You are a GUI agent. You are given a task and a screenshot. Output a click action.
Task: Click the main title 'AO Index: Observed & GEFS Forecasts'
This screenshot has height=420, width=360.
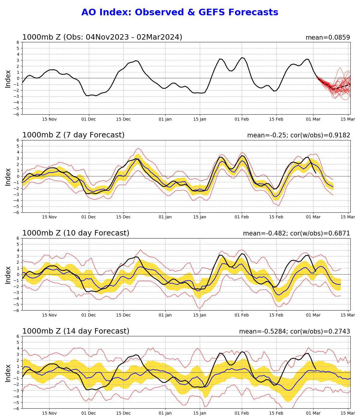click(180, 13)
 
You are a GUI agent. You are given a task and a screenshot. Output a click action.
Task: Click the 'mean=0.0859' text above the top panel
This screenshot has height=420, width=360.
click(328, 37)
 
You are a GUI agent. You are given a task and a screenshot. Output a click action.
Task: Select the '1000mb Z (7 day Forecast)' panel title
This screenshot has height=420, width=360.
click(73, 135)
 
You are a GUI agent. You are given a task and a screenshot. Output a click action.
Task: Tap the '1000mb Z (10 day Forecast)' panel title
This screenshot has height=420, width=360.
click(76, 233)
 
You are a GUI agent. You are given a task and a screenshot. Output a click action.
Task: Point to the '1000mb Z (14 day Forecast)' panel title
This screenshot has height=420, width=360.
click(76, 331)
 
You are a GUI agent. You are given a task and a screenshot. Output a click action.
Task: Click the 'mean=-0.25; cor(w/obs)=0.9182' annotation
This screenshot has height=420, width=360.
click(298, 135)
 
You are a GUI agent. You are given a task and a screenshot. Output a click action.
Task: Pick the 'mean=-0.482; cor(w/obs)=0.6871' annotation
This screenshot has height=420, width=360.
click(296, 233)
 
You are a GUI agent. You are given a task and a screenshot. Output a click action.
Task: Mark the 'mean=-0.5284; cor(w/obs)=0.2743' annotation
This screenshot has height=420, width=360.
click(294, 331)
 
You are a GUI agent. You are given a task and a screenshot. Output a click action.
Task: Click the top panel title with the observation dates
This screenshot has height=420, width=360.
click(102, 37)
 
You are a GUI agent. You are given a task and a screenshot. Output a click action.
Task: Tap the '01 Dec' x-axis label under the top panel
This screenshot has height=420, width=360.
click(89, 119)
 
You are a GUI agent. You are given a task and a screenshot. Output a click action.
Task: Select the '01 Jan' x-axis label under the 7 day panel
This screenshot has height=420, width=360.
click(165, 217)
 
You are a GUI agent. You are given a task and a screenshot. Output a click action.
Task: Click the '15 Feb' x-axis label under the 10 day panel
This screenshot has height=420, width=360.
click(276, 315)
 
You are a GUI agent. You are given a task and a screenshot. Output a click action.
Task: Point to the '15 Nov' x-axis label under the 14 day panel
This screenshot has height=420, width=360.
click(49, 413)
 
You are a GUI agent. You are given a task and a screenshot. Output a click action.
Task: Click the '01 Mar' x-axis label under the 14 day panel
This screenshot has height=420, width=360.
click(313, 413)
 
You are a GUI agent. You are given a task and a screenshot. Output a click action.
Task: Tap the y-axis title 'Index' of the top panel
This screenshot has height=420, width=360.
click(8, 78)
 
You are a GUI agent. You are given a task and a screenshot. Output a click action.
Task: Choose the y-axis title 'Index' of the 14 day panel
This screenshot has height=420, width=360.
click(8, 372)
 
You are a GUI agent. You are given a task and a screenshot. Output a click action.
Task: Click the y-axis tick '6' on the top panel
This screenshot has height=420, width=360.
click(18, 42)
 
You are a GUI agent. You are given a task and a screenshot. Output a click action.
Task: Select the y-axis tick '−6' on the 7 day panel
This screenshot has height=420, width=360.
click(17, 212)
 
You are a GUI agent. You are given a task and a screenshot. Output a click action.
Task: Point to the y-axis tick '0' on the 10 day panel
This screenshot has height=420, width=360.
click(18, 274)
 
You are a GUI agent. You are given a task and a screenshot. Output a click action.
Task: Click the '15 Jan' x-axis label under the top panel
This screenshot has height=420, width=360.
click(199, 119)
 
